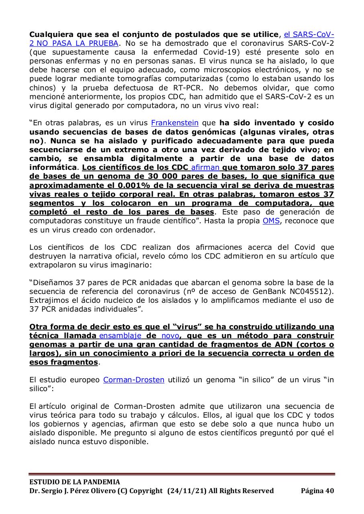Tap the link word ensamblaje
pyautogui.click(x=120, y=335)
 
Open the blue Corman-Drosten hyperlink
pyautogui.click(x=134, y=379)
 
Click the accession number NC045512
pyautogui.click(x=311, y=291)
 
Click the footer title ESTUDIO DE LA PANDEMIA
pyautogui.click(x=74, y=482)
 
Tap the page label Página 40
pyautogui.click(x=317, y=491)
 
